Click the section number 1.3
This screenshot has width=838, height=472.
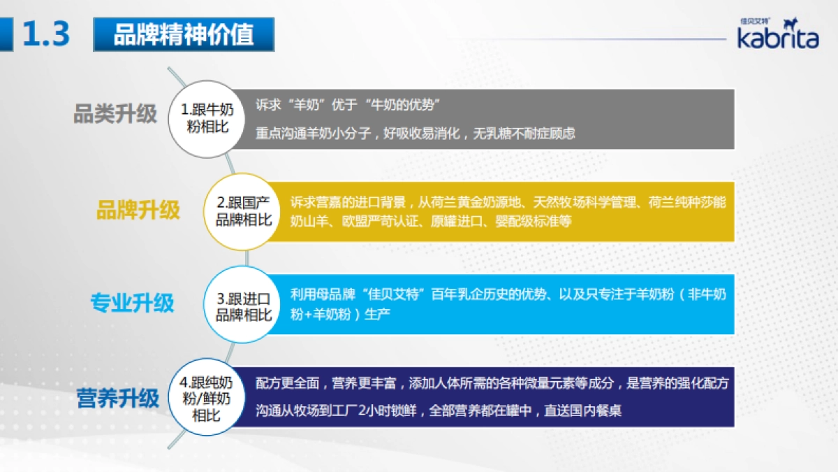[x=46, y=34]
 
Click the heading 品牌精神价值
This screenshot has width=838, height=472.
[x=183, y=34]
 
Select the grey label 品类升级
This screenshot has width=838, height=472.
[x=115, y=114]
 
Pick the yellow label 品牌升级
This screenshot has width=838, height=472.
[x=138, y=210]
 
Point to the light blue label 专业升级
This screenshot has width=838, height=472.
[x=132, y=303]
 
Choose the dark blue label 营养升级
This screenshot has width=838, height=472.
[x=118, y=399]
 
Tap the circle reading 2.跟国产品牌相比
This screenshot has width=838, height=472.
[x=243, y=211]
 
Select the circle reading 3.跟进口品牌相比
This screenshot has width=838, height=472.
[x=243, y=306]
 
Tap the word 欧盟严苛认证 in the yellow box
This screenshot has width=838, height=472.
[x=375, y=220]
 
